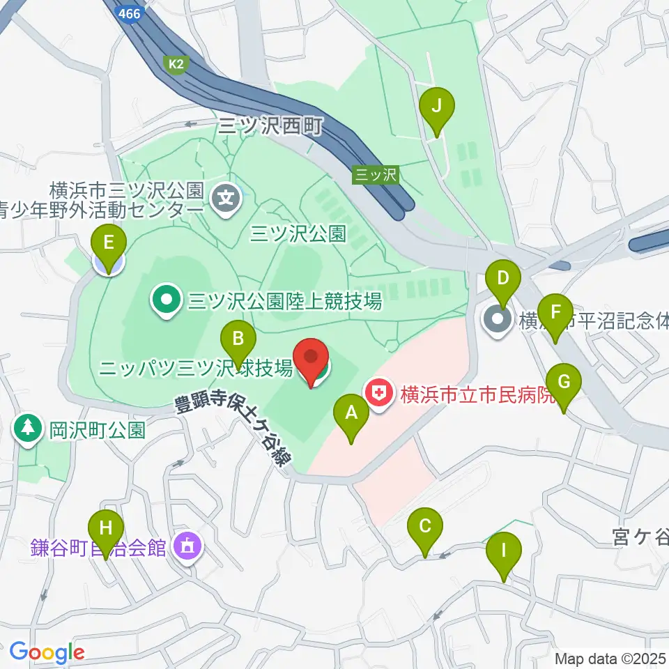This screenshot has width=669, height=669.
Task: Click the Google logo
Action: pyautogui.click(x=47, y=652)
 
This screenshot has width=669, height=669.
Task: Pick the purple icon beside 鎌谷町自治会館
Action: pyautogui.click(x=187, y=545)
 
